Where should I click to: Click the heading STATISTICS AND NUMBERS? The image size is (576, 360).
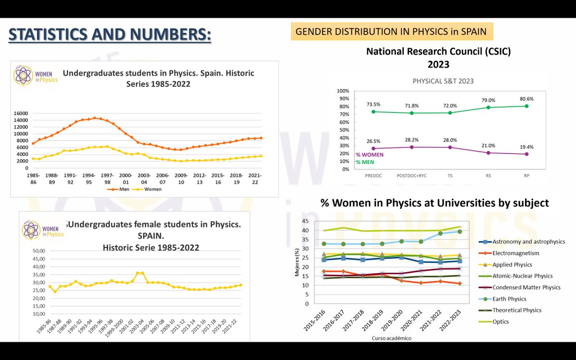pyautogui.click(x=110, y=35)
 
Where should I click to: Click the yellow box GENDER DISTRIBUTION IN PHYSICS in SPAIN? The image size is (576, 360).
pyautogui.click(x=391, y=32)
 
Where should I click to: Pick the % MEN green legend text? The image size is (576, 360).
pyautogui.click(x=365, y=162)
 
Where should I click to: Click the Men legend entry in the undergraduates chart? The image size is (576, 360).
pyautogui.click(x=125, y=189)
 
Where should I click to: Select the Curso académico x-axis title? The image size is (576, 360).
pyautogui.click(x=392, y=338)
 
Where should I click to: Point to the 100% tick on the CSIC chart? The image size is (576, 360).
pyautogui.click(x=342, y=91)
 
